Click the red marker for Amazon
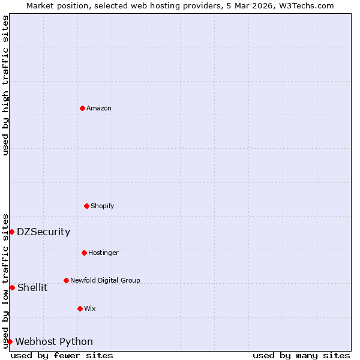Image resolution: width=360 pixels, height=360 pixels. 82,108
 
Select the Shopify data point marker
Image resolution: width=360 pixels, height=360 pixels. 86,206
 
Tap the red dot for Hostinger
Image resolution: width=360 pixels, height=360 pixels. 84,253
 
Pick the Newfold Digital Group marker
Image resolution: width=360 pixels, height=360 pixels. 66,280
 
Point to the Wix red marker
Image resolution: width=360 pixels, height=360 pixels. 80,308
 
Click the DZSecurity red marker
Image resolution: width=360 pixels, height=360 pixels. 11,232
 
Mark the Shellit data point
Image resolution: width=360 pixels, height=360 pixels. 12,287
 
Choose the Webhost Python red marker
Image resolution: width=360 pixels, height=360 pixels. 10,341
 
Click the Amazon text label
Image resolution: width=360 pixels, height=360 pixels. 99,108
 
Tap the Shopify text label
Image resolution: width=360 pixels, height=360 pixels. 103,206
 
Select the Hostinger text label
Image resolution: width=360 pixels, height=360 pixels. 103,253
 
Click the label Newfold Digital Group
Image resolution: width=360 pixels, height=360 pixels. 105,280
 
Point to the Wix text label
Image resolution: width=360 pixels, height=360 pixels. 90,308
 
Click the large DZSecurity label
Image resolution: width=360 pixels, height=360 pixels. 43,232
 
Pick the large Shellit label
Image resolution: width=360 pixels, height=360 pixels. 32,287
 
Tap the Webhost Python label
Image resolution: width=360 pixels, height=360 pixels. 54,341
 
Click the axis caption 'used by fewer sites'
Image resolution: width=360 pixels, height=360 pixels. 62,355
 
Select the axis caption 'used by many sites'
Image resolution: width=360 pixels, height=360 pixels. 301,355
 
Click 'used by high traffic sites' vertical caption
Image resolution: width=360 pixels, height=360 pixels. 5,85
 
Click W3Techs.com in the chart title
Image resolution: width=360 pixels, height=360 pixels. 305,5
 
